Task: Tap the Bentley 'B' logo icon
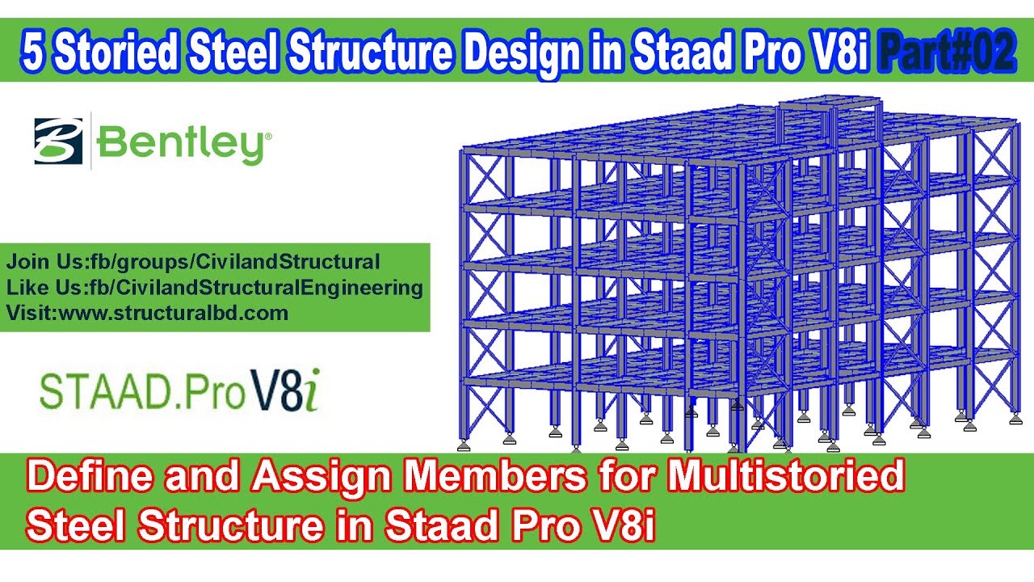click(59, 141)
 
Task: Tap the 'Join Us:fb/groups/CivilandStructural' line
click(193, 262)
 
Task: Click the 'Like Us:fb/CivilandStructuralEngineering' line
click(214, 288)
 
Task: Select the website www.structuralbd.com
click(147, 314)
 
